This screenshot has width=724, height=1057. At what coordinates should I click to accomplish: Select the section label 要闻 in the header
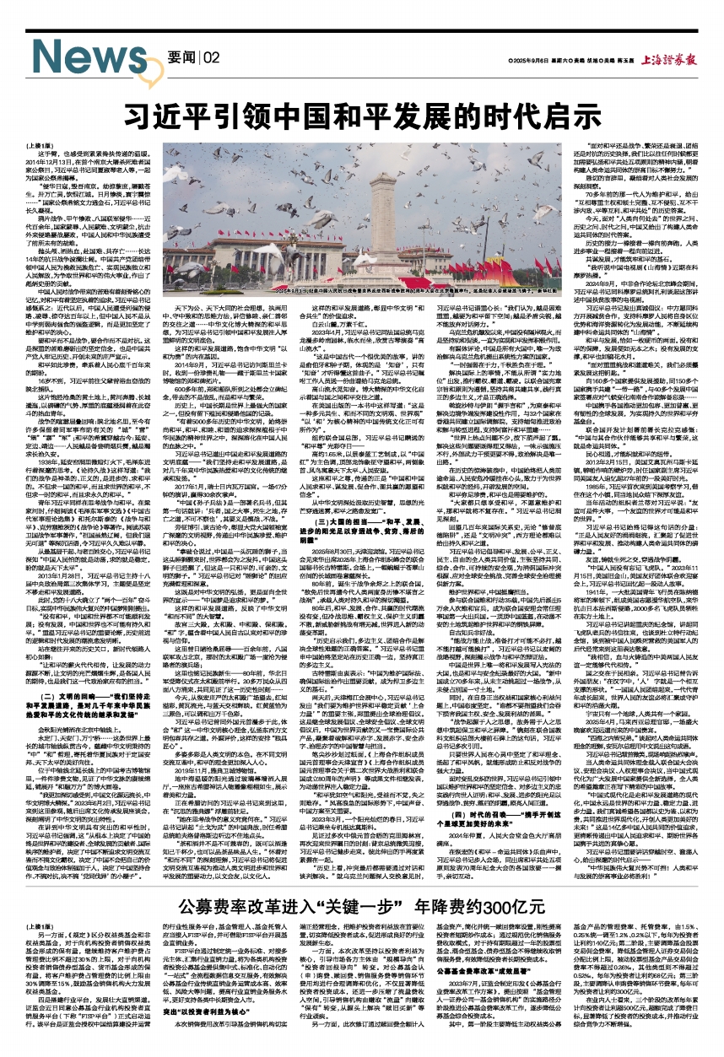181,57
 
